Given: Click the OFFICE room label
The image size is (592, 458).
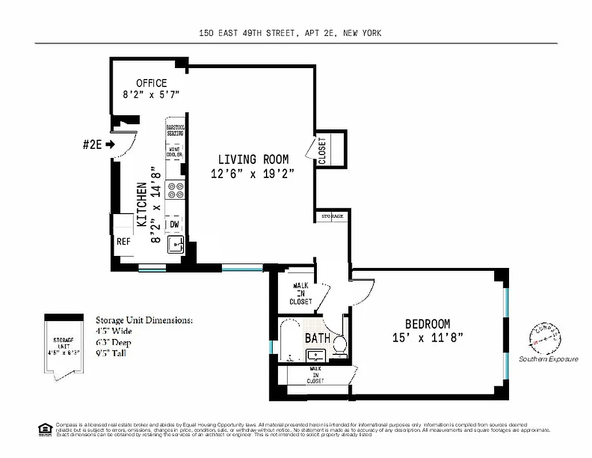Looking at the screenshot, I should [x=152, y=84].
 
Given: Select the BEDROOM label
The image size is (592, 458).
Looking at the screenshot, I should [x=427, y=324].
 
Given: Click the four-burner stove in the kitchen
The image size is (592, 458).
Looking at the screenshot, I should [x=174, y=190].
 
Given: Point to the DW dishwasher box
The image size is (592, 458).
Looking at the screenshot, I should [x=174, y=225].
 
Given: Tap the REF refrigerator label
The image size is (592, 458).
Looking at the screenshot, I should [x=124, y=242].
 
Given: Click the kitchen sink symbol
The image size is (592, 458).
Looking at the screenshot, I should [x=175, y=244].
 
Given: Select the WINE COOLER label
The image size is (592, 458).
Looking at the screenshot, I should [x=174, y=152].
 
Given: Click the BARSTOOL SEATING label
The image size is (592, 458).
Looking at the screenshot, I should [x=174, y=130].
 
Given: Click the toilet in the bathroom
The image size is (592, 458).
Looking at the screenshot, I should [x=340, y=345].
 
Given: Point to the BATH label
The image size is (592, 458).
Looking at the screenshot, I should [x=317, y=338].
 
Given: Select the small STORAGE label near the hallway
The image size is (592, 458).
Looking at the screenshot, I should [x=332, y=216].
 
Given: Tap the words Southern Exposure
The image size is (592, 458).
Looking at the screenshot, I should [x=548, y=359].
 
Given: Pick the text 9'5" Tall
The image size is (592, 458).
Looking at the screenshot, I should [x=111, y=353].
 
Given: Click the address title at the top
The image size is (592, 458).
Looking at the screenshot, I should [x=290, y=33].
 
